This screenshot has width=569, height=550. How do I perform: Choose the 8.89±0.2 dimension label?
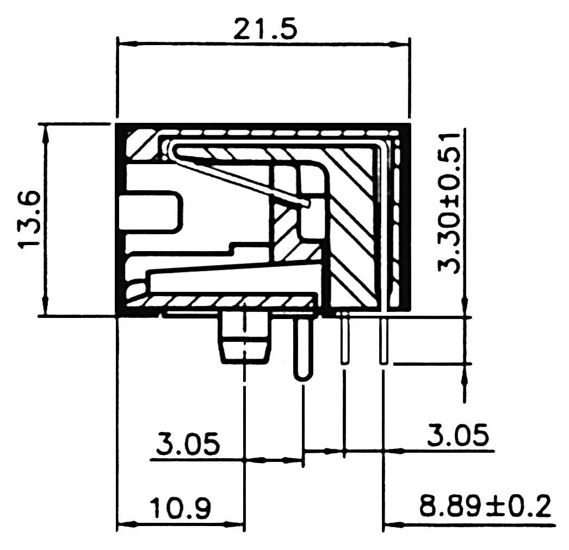click(x=485, y=507)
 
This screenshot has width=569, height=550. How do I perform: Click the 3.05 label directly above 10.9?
click(x=188, y=443)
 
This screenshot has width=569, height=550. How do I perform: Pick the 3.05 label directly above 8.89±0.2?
click(x=457, y=436)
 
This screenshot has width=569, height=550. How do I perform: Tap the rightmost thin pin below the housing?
click(x=384, y=341)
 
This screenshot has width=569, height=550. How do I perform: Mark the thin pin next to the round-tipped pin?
click(x=344, y=341)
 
